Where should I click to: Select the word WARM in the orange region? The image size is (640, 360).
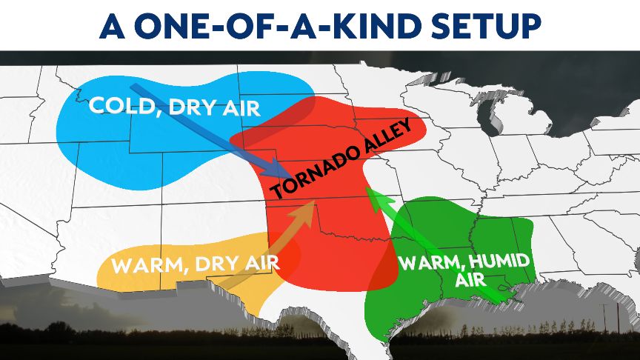(143, 264)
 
